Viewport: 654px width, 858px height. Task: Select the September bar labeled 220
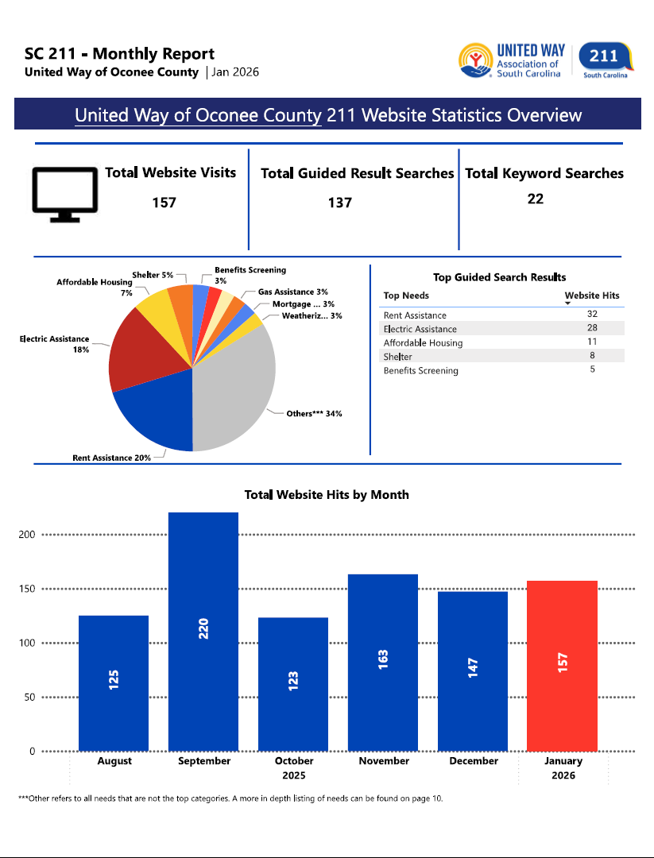(x=203, y=632)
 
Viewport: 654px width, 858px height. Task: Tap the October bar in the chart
(x=293, y=683)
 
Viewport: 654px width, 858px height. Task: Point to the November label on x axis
(x=384, y=761)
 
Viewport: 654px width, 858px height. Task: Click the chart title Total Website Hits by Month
(x=327, y=495)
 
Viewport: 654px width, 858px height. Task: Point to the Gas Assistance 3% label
(x=292, y=292)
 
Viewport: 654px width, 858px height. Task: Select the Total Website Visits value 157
(x=164, y=203)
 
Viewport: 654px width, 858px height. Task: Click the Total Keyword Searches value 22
(x=536, y=199)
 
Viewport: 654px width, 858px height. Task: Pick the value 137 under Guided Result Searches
(x=340, y=203)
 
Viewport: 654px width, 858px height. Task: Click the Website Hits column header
(x=591, y=296)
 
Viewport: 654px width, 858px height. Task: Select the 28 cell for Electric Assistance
(x=592, y=328)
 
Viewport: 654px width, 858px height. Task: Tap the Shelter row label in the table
(x=397, y=357)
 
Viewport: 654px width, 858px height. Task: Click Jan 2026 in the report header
(x=235, y=72)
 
